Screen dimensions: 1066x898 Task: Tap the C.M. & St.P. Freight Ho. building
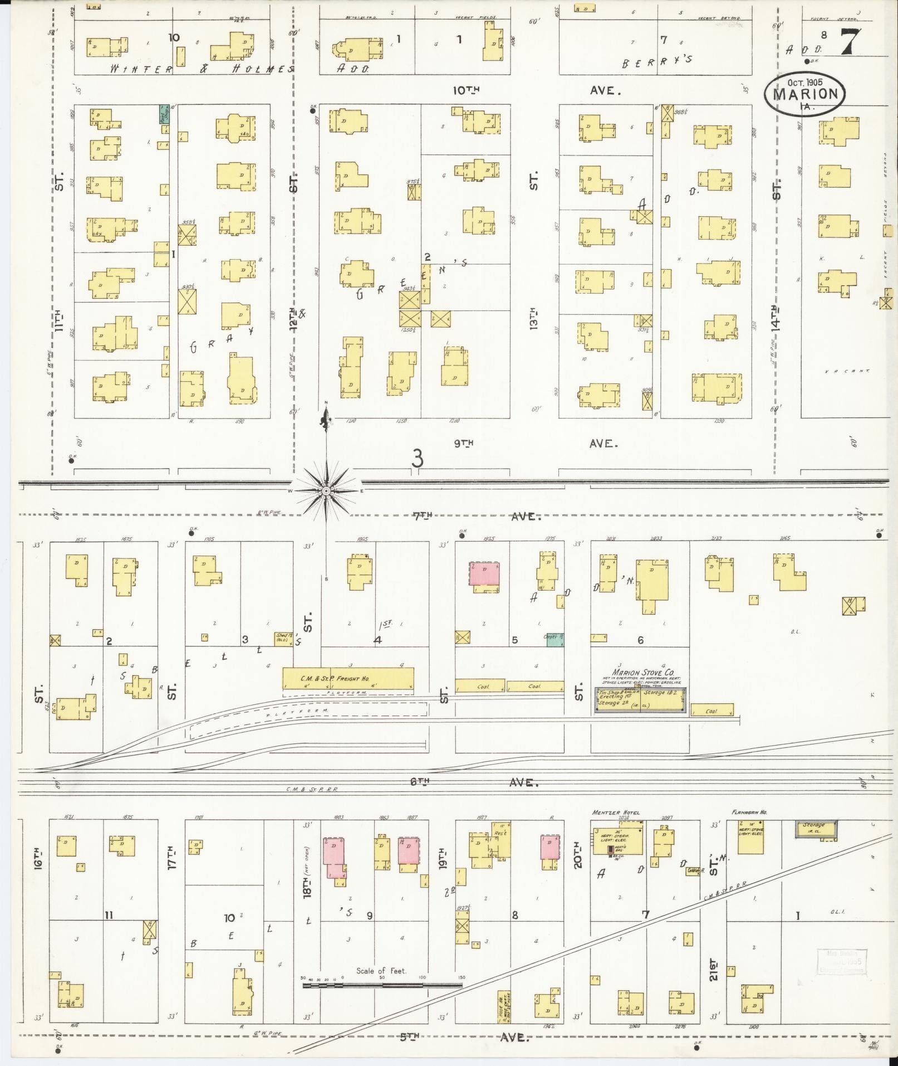[348, 678]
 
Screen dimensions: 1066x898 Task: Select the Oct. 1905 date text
[804, 81]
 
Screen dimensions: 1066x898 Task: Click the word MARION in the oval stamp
[805, 94]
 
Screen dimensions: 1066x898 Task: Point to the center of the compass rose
[326, 490]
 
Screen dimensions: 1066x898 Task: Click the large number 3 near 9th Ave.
[417, 458]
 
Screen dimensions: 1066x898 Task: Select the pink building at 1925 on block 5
[484, 573]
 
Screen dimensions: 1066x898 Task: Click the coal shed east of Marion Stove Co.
[711, 711]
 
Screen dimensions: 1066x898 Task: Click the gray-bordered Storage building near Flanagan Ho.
[816, 829]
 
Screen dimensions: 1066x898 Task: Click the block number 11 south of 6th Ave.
[109, 915]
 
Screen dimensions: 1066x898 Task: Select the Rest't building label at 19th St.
[499, 834]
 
